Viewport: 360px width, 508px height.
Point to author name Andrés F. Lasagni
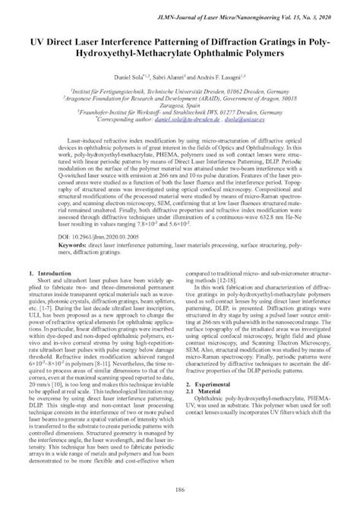[226, 78]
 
